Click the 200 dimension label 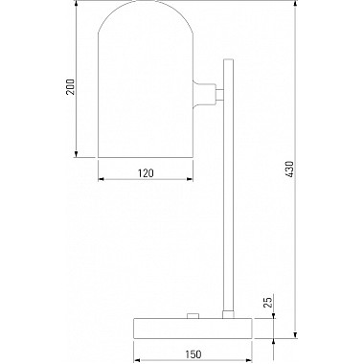(x=70, y=87)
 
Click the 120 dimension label (x=146, y=173)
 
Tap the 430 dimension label (x=288, y=169)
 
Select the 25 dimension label (x=269, y=302)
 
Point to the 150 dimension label (x=193, y=354)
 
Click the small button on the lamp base (x=193, y=315)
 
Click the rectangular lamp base (x=193, y=328)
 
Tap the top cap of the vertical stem (x=229, y=60)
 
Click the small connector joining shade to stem (x=219, y=94)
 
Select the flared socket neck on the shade (x=204, y=94)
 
